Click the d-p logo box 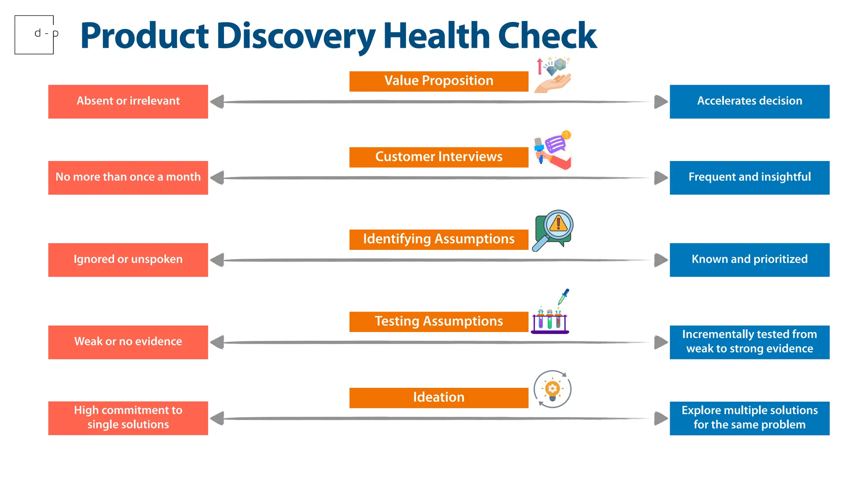pos(34,35)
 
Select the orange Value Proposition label pos(439,81)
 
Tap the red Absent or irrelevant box pos(128,101)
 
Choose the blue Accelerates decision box pos(749,101)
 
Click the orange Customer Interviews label pos(439,157)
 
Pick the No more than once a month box pos(128,177)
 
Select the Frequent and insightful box pos(749,177)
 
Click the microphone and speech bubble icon pos(552,150)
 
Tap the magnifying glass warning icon pos(553,230)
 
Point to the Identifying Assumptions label pos(439,239)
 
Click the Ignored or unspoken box pos(128,260)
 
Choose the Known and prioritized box pos(749,260)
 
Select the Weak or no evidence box pos(128,342)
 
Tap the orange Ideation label pos(439,397)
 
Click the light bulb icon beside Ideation pos(552,389)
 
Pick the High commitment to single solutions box pos(128,418)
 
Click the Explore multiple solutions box pos(749,418)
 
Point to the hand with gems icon pos(553,75)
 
